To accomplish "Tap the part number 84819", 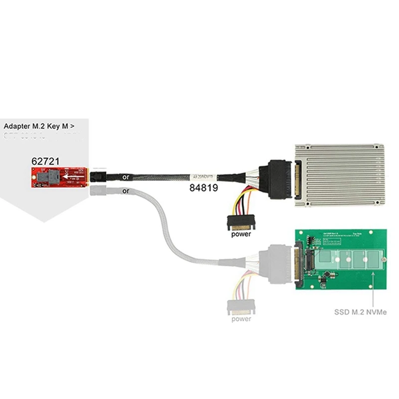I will [202, 188].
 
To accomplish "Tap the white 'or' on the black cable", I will [127, 176].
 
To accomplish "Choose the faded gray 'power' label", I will [241, 319].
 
